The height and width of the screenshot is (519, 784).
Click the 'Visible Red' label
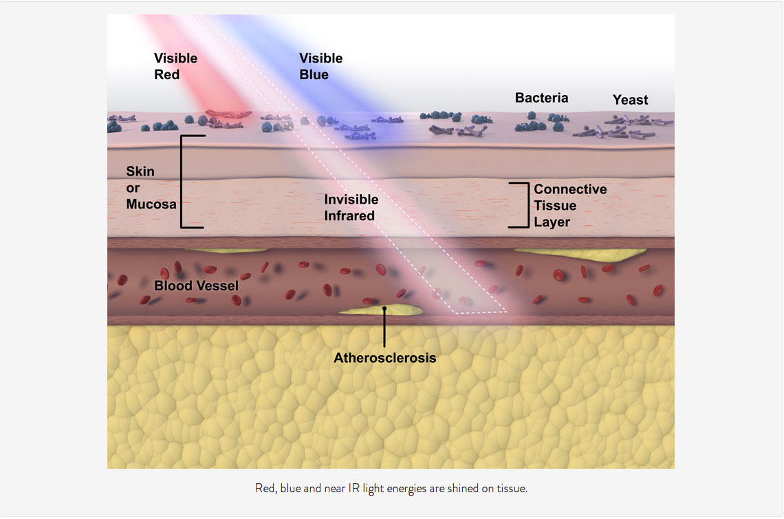pyautogui.click(x=175, y=66)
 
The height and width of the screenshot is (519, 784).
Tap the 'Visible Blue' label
pyautogui.click(x=320, y=66)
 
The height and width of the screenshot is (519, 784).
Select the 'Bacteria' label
pyautogui.click(x=541, y=98)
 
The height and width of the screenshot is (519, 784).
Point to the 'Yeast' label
pyautogui.click(x=630, y=100)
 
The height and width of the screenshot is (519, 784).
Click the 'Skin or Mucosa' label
pyautogui.click(x=151, y=187)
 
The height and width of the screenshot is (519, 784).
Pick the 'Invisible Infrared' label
pyautogui.click(x=351, y=207)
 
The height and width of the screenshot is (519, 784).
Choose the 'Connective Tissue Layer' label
pyautogui.click(x=569, y=205)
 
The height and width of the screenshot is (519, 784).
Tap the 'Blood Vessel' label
pyautogui.click(x=196, y=285)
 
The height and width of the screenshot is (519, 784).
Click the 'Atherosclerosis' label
pyautogui.click(x=384, y=358)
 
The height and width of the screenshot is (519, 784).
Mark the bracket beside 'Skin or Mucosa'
pyautogui.click(x=184, y=182)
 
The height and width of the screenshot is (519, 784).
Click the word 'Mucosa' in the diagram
pyautogui.click(x=151, y=204)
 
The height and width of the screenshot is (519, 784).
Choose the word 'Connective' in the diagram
pyautogui.click(x=569, y=189)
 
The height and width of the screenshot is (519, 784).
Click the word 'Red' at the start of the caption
pyautogui.click(x=264, y=489)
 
